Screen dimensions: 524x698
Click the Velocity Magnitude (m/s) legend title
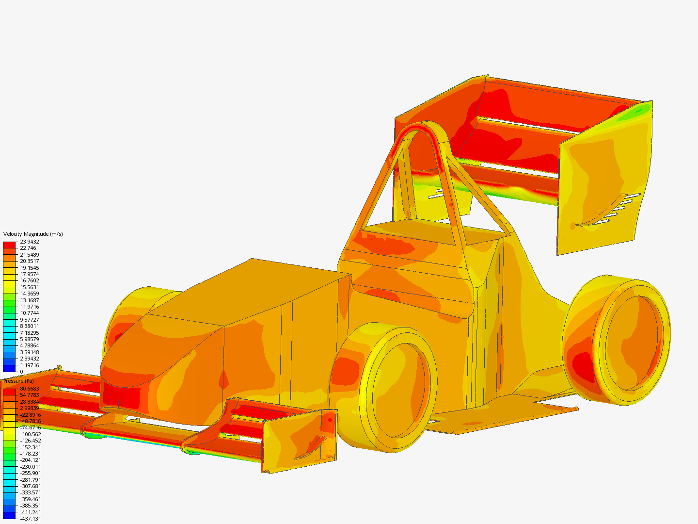33,234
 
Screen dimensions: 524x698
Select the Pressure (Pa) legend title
18,381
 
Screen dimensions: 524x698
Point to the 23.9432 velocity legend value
30,242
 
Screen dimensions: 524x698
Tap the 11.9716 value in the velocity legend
30,307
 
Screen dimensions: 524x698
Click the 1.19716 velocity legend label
30,365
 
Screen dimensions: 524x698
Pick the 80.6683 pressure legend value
30,389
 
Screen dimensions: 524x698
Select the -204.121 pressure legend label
31,460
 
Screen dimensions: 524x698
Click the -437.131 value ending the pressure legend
31,519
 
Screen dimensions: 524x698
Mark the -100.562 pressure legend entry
31,434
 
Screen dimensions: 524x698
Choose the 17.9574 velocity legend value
30,274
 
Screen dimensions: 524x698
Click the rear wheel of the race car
616,340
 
